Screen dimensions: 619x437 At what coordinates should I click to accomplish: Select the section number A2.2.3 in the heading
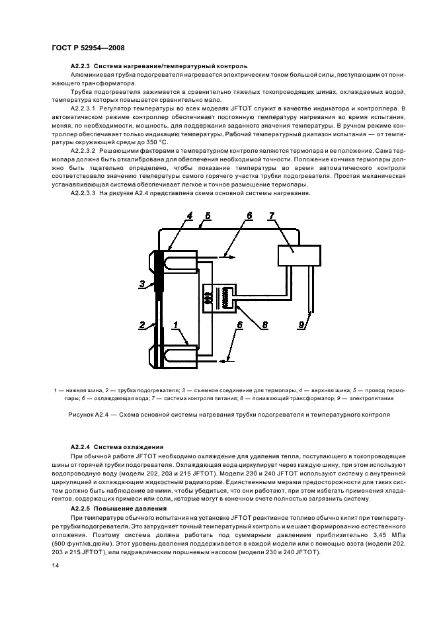click(81, 66)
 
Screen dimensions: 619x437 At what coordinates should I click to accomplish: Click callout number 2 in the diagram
click(141, 325)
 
